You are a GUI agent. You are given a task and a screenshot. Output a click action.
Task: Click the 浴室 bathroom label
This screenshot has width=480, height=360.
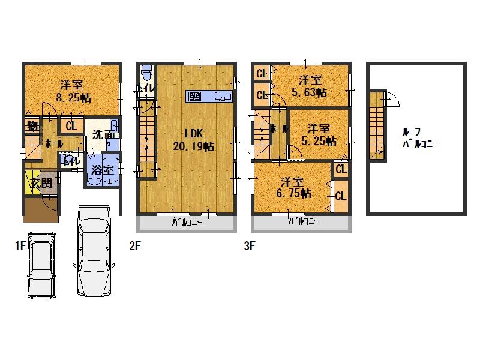tap(103, 170)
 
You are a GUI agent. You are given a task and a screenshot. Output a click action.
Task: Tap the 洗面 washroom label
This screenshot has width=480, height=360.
tap(103, 135)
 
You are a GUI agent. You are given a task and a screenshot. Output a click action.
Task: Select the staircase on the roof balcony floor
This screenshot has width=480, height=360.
tap(377, 126)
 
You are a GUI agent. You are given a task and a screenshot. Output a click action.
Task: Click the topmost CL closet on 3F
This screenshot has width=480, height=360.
tap(262, 74)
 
